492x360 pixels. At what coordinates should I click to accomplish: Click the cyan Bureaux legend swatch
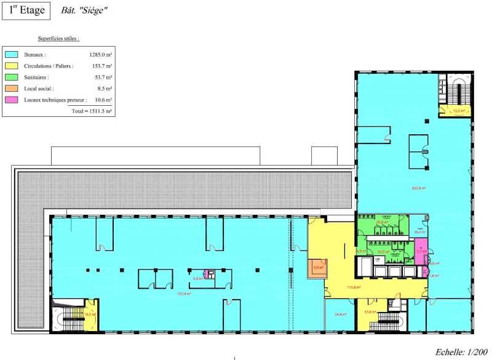11,54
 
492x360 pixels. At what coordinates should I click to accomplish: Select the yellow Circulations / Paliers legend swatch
11,66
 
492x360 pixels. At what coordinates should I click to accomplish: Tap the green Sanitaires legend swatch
11,77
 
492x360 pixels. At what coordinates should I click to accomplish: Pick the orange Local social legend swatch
11,88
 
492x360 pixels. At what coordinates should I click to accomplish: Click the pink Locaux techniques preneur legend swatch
11,99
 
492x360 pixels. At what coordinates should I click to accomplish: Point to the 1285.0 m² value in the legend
100,55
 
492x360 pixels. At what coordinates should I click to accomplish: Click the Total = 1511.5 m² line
92,111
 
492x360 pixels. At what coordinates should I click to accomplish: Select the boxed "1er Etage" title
26,10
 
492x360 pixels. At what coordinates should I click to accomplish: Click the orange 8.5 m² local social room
318,268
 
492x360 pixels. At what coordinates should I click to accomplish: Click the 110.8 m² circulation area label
352,287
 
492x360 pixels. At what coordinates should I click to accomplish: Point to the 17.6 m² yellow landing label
370,312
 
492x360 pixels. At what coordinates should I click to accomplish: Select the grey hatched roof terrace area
184,191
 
